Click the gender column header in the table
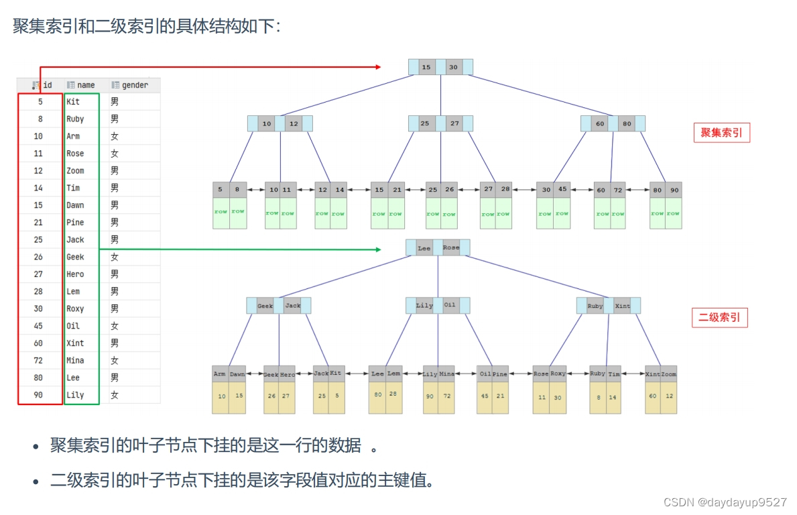click(x=135, y=85)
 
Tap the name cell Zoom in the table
click(x=75, y=171)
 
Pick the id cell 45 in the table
click(x=38, y=326)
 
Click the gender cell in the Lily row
click(x=115, y=395)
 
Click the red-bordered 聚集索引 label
click(x=721, y=133)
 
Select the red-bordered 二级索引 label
click(x=719, y=318)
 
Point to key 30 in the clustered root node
click(x=454, y=67)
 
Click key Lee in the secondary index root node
click(x=424, y=248)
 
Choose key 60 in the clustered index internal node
click(x=600, y=124)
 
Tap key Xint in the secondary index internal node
click(x=623, y=306)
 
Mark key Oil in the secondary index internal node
click(x=450, y=305)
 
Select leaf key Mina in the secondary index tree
click(x=447, y=374)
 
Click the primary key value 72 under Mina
click(x=447, y=396)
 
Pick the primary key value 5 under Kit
click(x=337, y=396)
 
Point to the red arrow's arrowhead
click(x=378, y=67)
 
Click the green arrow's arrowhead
click(x=378, y=249)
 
